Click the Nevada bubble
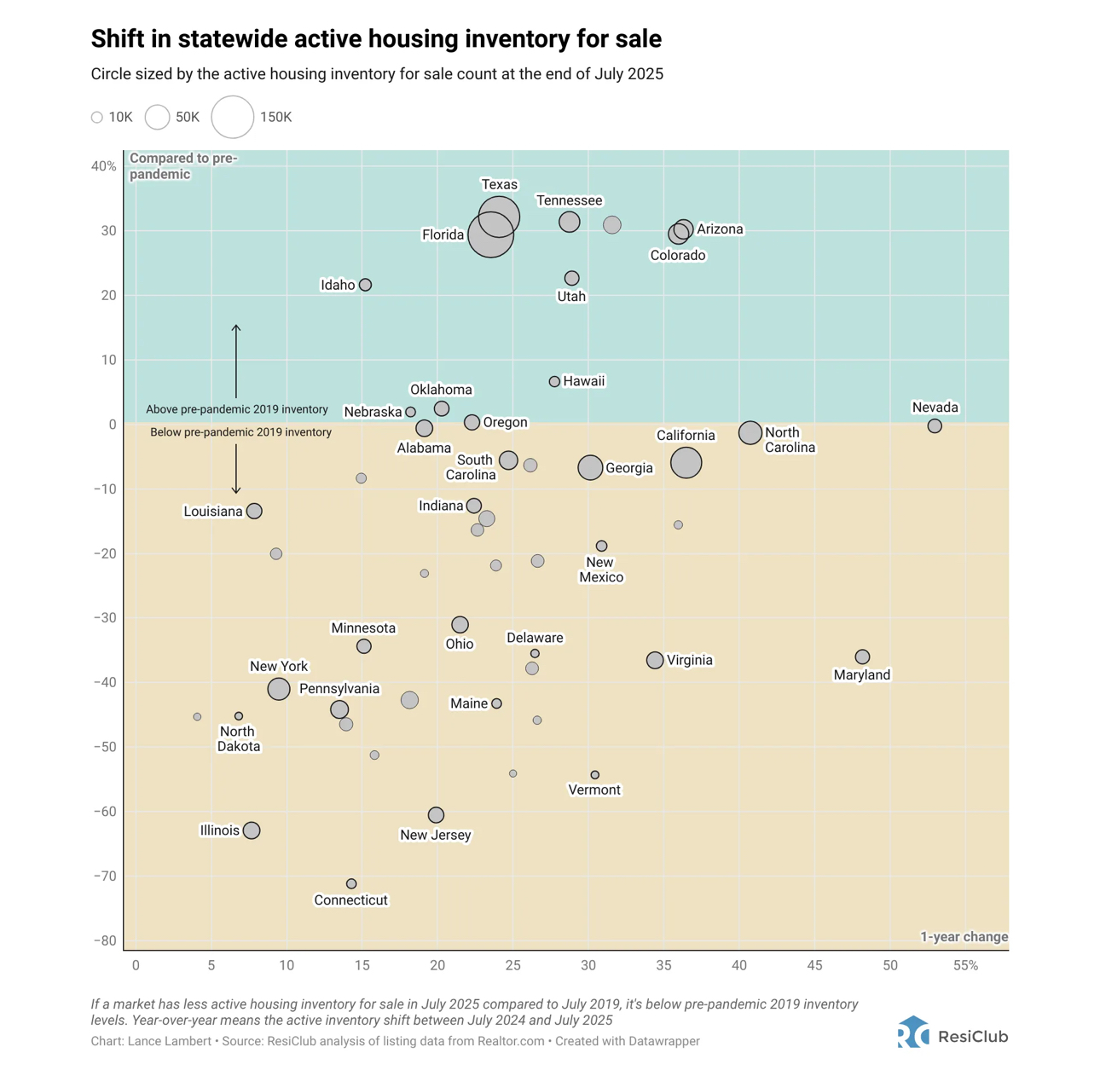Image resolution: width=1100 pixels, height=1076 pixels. (935, 425)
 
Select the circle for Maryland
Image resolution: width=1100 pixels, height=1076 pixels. (862, 657)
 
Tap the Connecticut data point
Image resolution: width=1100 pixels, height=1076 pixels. (351, 884)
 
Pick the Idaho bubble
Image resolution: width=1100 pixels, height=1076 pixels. (365, 285)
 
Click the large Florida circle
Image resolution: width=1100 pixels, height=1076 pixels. (490, 236)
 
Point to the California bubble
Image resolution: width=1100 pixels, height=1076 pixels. (686, 462)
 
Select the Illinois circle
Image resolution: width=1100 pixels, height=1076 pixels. (251, 830)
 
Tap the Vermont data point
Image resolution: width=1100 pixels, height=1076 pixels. (594, 775)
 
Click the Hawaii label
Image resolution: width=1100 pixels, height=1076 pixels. (584, 381)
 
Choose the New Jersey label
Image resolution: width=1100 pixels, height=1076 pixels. (435, 835)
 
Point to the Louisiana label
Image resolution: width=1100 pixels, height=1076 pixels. (213, 512)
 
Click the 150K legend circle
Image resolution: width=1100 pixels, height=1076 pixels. (233, 117)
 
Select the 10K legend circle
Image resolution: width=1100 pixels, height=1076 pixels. (97, 118)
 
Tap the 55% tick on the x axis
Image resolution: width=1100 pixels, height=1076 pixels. (965, 965)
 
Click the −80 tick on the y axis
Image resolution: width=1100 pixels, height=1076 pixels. (106, 940)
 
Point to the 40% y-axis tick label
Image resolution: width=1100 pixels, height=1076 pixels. (104, 166)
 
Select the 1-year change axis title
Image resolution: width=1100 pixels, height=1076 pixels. (964, 936)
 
